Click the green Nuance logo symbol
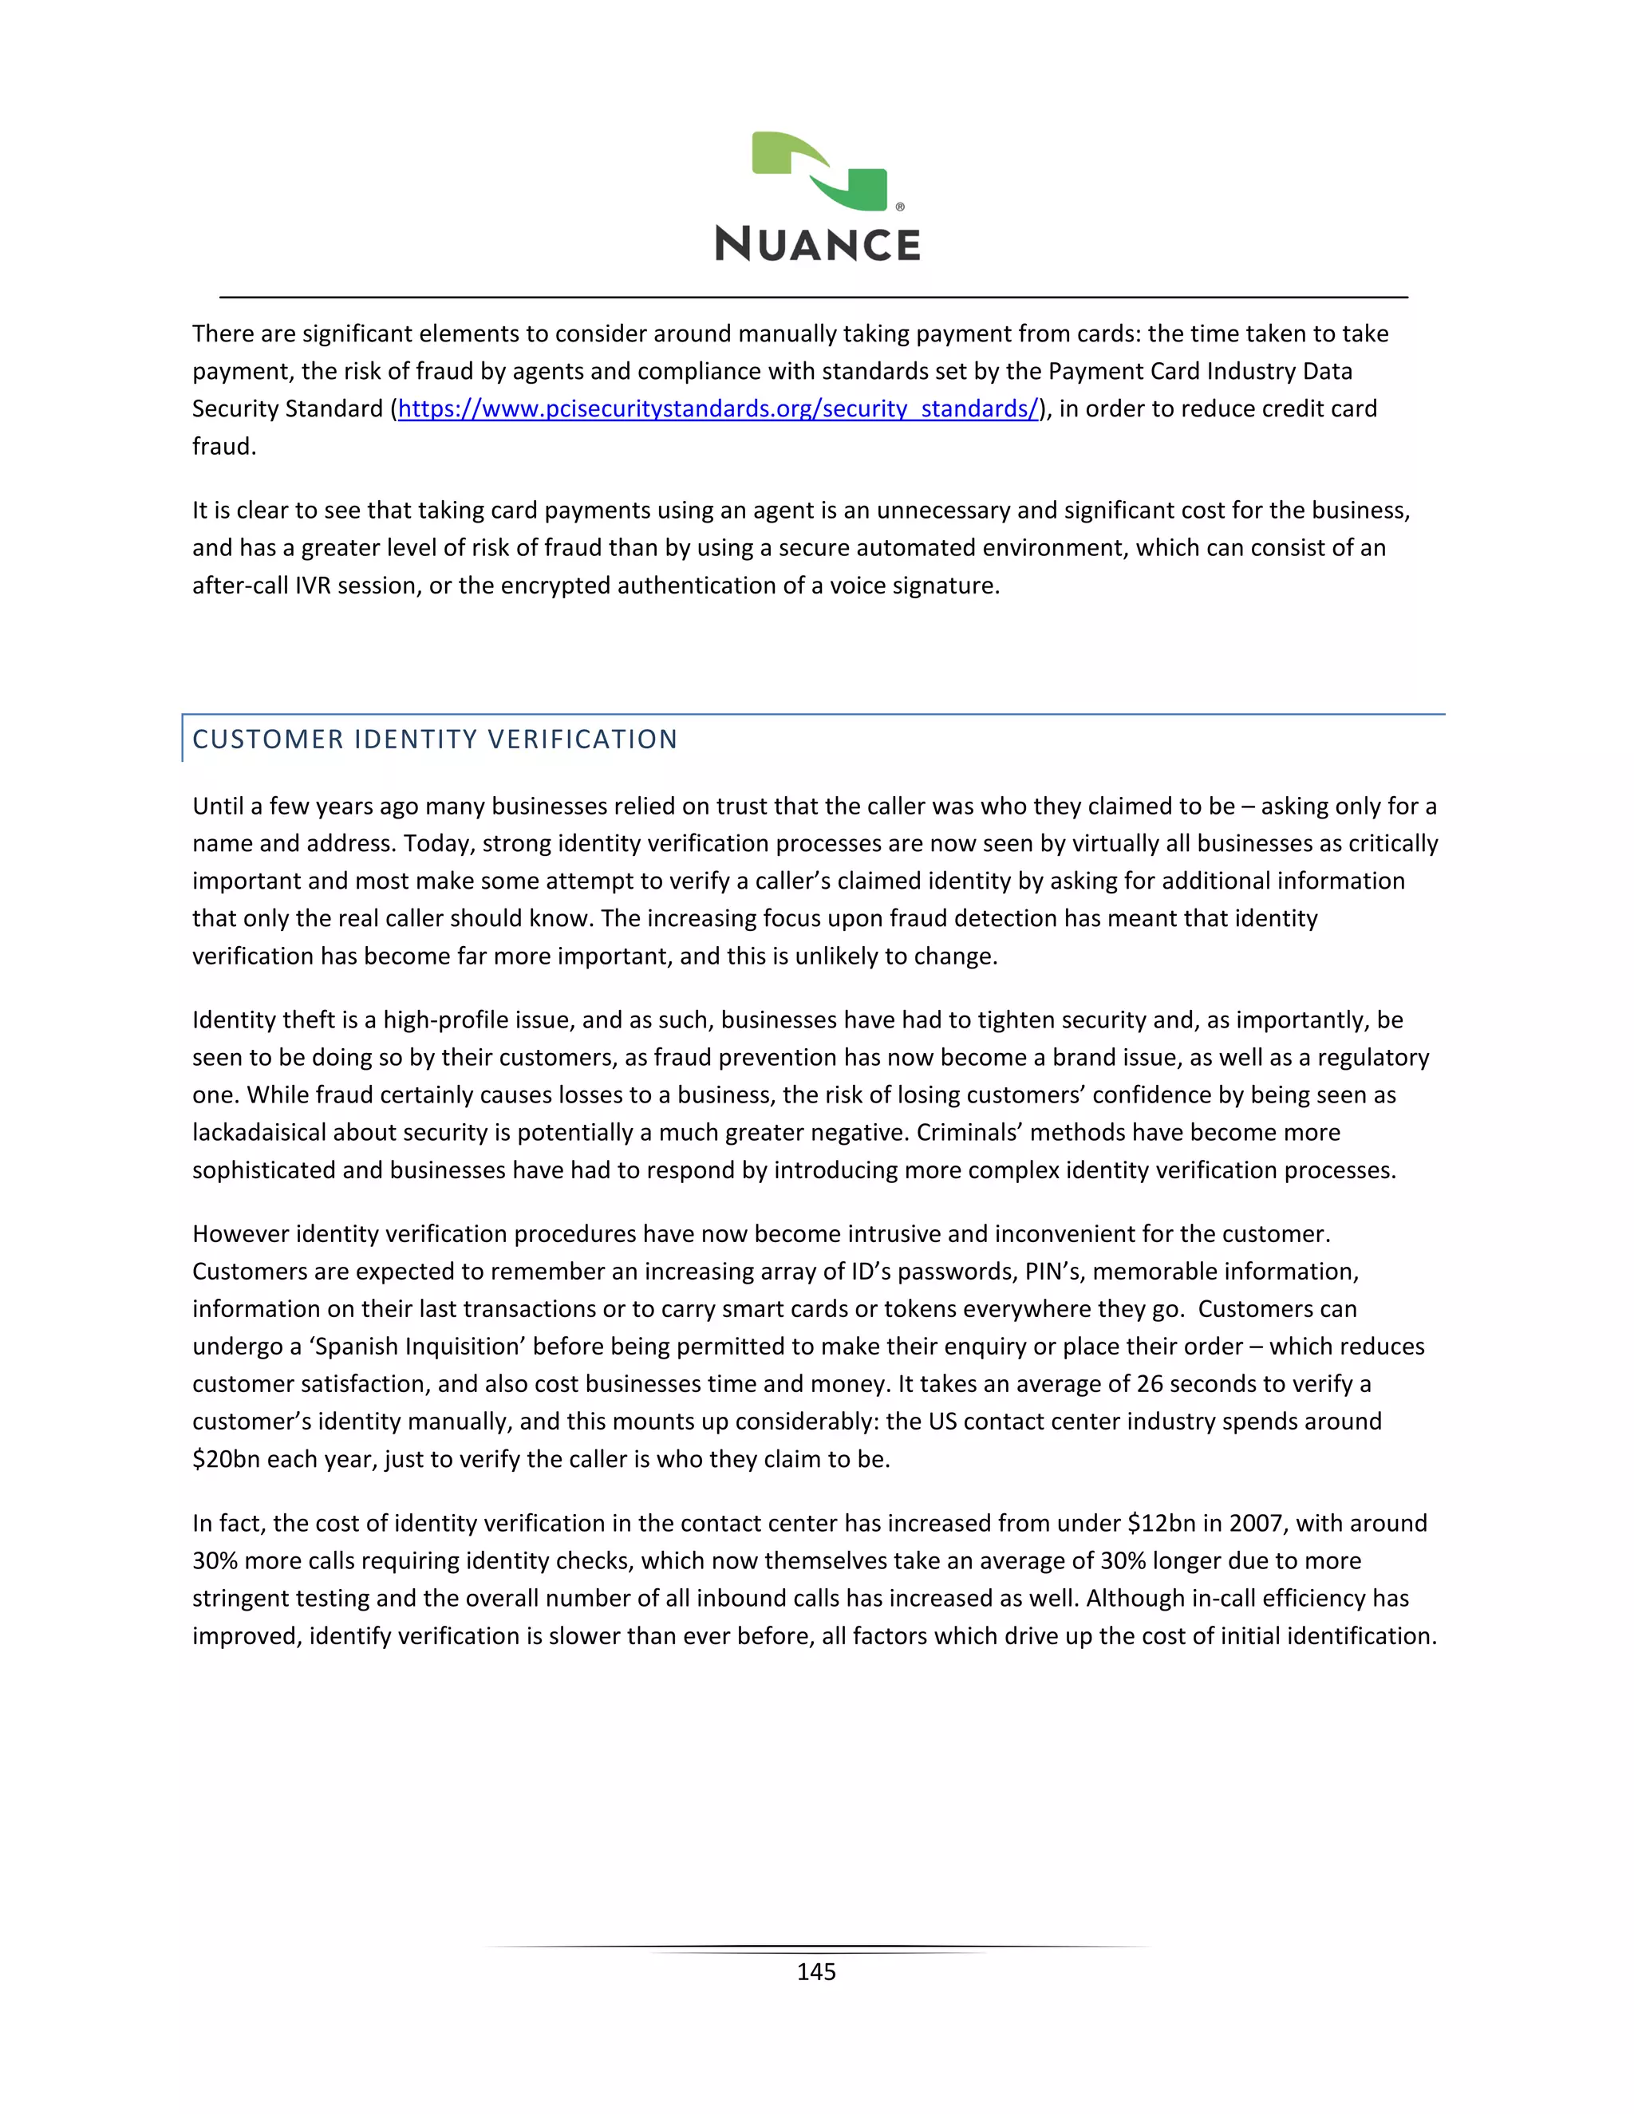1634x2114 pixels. [x=819, y=172]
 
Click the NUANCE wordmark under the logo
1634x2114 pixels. [x=818, y=245]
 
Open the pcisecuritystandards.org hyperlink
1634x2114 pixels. [x=718, y=409]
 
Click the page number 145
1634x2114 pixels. [x=816, y=1972]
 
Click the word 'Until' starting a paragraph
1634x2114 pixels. [x=218, y=807]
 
